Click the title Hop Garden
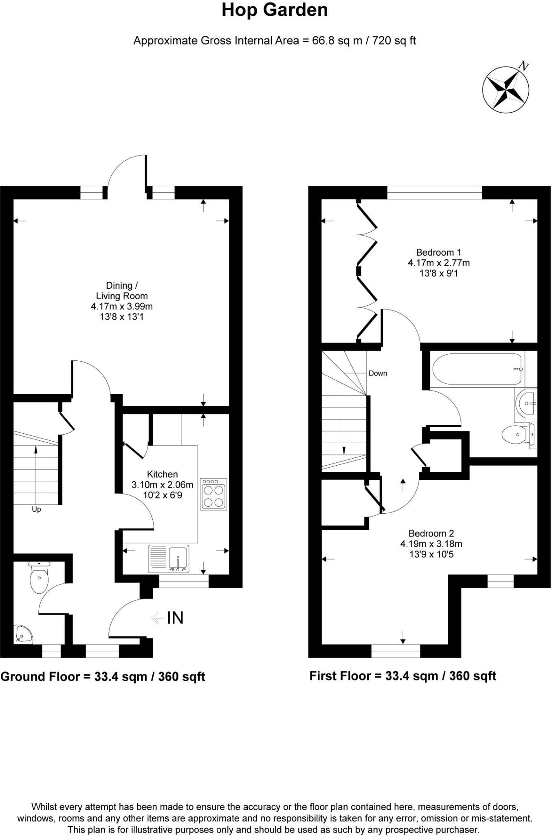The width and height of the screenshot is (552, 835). point(275,10)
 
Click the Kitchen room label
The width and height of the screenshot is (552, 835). point(162,474)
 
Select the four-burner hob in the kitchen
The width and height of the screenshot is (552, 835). point(213,494)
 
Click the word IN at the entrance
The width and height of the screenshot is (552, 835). point(175,618)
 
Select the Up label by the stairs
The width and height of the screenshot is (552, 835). point(36,509)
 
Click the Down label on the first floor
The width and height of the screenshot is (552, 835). point(378,373)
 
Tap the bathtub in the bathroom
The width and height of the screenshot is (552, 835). point(477,369)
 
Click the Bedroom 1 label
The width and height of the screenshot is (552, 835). point(438,252)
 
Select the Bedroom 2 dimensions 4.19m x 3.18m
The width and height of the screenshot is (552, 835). point(431,544)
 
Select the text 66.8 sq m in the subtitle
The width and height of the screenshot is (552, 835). point(337,41)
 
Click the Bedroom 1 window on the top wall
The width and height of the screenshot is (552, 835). point(434,193)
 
